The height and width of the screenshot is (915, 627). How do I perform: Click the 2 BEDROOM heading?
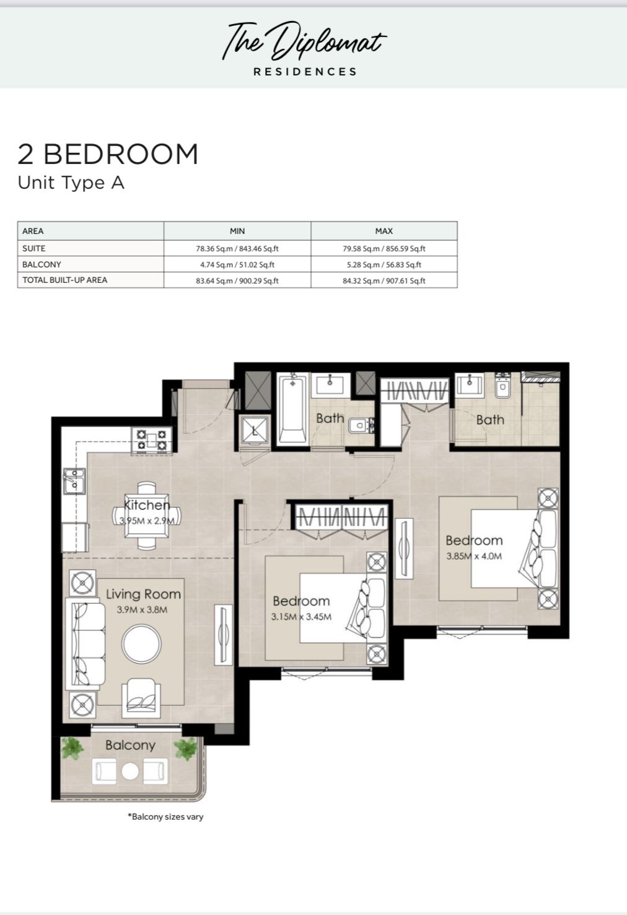click(x=108, y=154)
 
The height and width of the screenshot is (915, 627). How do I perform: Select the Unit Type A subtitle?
click(x=71, y=183)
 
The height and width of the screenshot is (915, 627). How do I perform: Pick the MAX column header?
click(x=384, y=231)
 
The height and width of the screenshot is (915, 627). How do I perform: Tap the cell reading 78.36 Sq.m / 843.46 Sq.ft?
click(x=237, y=248)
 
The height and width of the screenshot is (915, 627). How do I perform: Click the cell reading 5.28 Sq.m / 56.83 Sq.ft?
click(x=384, y=264)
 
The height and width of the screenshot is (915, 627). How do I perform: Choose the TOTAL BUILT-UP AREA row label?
click(x=64, y=280)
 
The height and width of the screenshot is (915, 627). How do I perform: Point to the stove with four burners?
click(x=152, y=440)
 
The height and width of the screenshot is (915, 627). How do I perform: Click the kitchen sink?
click(x=74, y=481)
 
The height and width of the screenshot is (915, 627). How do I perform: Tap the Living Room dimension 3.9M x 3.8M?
click(x=142, y=610)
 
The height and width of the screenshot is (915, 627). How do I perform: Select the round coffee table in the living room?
click(x=141, y=644)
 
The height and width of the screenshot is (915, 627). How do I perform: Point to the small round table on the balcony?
click(x=130, y=771)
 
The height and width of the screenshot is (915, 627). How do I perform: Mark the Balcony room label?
click(x=130, y=745)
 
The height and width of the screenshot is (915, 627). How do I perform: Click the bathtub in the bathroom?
click(x=292, y=409)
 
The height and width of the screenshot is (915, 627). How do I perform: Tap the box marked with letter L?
click(x=255, y=430)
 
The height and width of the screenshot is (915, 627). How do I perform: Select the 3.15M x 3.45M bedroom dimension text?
click(x=301, y=617)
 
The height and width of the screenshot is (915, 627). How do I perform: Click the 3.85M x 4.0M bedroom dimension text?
click(x=474, y=556)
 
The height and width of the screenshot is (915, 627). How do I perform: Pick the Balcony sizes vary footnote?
click(x=165, y=817)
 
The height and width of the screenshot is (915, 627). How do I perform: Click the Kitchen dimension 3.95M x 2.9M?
click(x=147, y=521)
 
